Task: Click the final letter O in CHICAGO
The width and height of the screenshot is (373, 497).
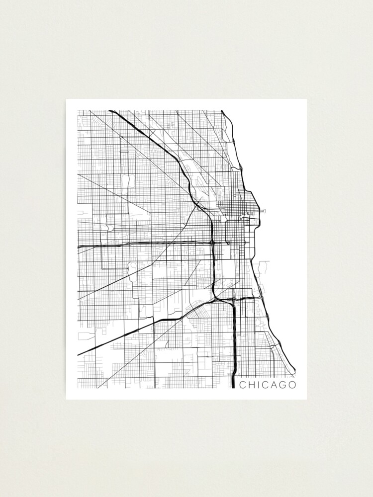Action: click(292, 385)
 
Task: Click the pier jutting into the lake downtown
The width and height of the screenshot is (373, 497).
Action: click(262, 211)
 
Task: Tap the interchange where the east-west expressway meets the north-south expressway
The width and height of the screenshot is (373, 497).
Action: click(212, 242)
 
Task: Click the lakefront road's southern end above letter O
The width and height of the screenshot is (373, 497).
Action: click(293, 370)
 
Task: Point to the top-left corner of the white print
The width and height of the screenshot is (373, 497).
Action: click(67, 99)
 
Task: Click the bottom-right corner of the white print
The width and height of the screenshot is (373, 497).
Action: click(306, 399)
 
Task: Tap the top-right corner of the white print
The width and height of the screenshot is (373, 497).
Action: click(306, 99)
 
